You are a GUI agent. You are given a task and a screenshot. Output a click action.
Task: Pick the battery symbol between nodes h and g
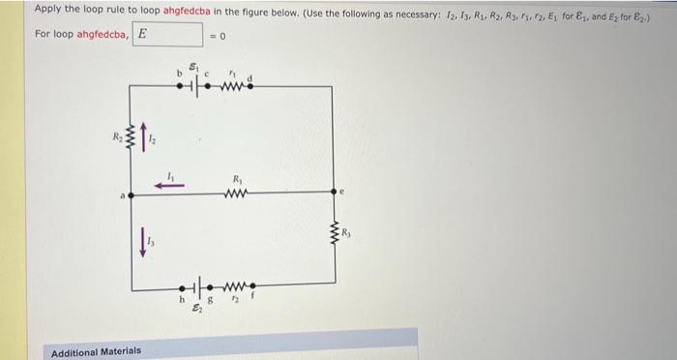click(197, 287)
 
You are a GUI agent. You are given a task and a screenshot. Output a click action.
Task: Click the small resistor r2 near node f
click(233, 287)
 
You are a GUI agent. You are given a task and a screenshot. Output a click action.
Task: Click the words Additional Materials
click(96, 350)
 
